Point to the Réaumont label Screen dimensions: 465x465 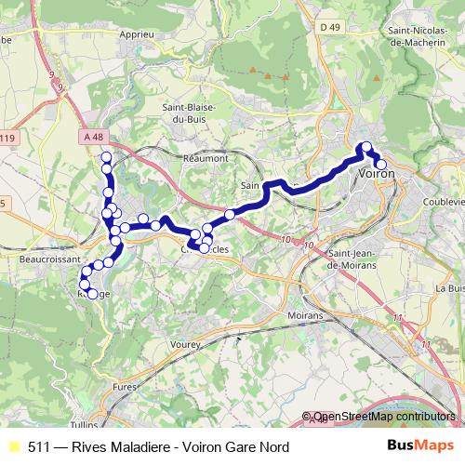pos(206,158)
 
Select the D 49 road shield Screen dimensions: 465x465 pos(329,28)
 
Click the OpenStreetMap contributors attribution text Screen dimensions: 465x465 pos(383,418)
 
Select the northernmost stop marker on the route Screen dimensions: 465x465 pos(106,157)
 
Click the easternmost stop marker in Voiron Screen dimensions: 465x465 pos(380,165)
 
